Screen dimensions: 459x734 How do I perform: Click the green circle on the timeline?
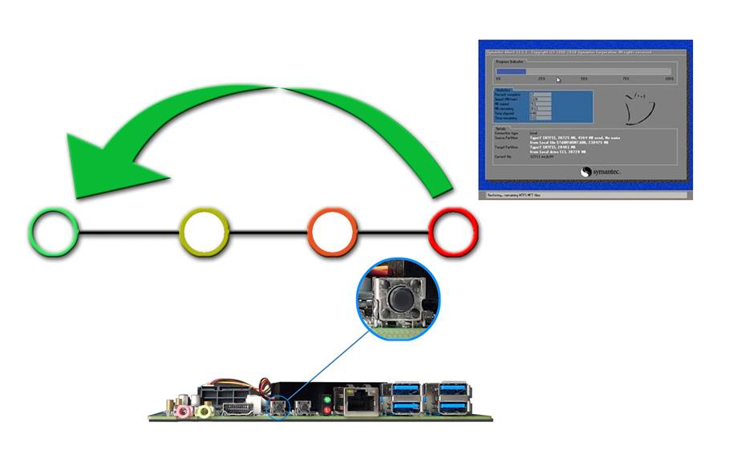54,233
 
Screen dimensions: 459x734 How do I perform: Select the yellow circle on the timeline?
205,233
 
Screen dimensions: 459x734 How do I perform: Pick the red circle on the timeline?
454,233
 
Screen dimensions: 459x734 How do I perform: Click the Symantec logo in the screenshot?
598,171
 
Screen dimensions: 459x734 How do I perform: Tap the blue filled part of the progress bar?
511,71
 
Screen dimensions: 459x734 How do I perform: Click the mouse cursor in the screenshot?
558,79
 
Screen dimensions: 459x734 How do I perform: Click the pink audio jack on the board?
184,411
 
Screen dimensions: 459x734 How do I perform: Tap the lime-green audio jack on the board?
204,411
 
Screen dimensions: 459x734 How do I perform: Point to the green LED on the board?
326,399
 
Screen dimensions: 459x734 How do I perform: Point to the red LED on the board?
326,412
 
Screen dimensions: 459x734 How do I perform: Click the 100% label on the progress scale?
668,79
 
